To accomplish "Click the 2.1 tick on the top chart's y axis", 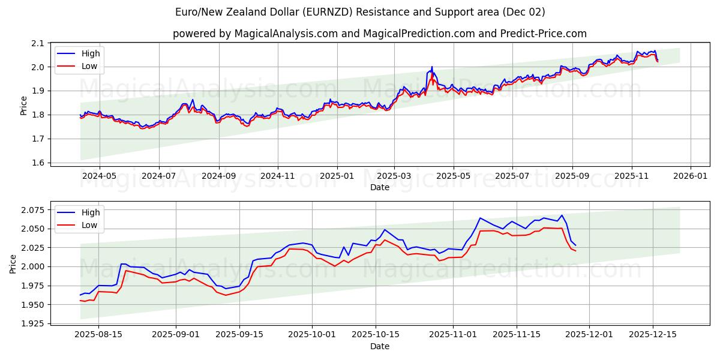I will pos(38,43).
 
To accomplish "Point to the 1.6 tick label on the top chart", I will pos(38,163).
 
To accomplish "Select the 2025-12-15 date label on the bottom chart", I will pos(653,334).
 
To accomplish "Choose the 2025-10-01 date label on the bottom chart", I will pos(312,334).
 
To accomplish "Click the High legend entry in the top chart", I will pos(91,53).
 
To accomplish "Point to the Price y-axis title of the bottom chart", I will pos(13,263).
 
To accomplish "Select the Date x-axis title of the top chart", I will pos(379,187).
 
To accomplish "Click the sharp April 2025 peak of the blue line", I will pos(431,67).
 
